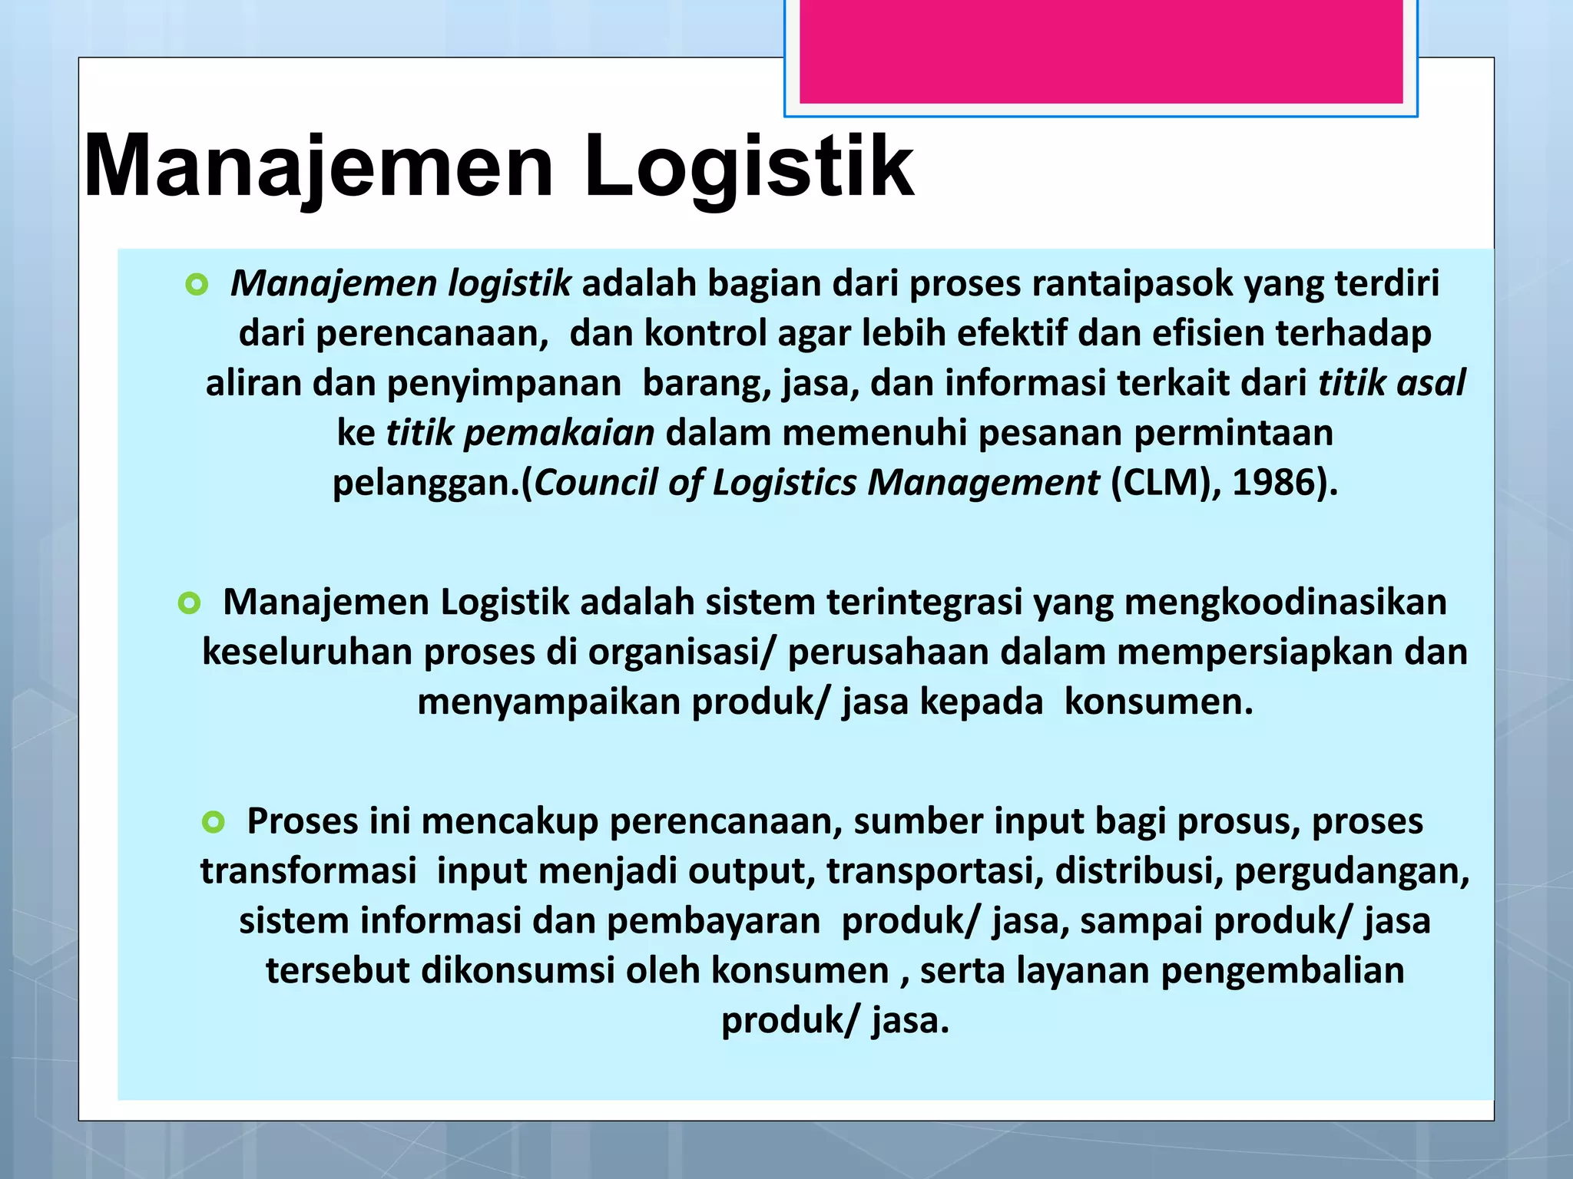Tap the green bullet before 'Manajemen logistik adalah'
pyautogui.click(x=197, y=286)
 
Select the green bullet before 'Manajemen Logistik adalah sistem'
pyautogui.click(x=189, y=603)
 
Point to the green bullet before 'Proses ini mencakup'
pyautogui.click(x=213, y=823)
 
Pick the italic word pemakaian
pyautogui.click(x=559, y=433)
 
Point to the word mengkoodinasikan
pyautogui.click(x=1286, y=602)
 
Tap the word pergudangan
pyautogui.click(x=1352, y=871)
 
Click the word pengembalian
pyautogui.click(x=1282, y=971)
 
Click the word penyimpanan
pyautogui.click(x=504, y=383)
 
